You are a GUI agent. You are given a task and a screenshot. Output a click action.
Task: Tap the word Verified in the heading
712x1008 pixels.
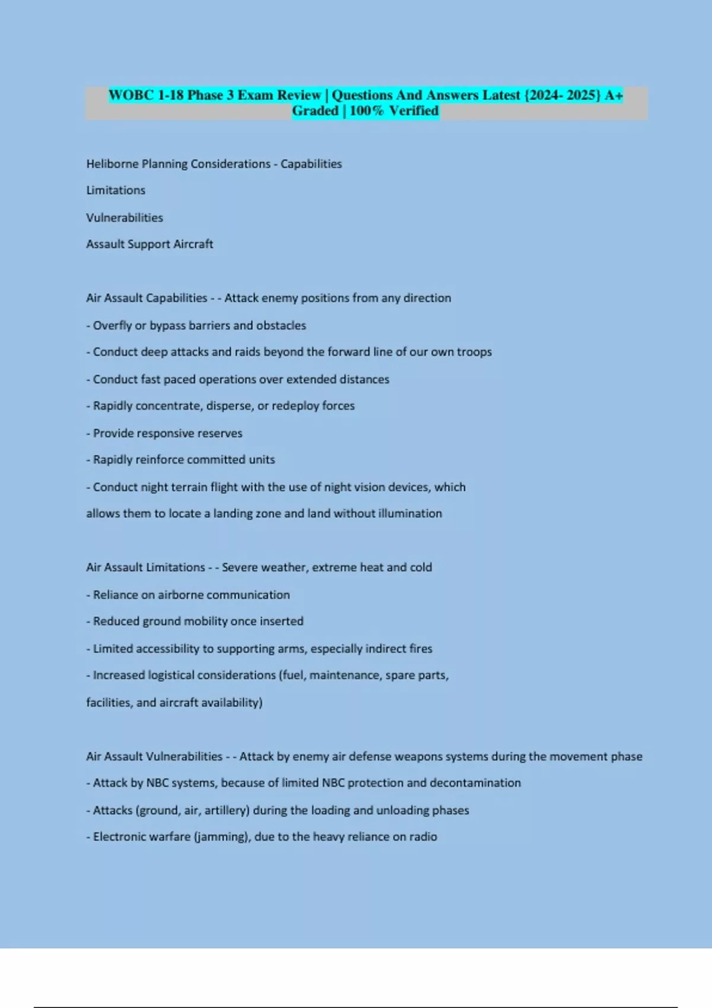click(x=414, y=111)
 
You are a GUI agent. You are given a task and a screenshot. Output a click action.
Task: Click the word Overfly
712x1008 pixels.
click(x=113, y=326)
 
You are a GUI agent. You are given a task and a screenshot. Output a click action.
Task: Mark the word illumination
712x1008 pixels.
click(x=410, y=513)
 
